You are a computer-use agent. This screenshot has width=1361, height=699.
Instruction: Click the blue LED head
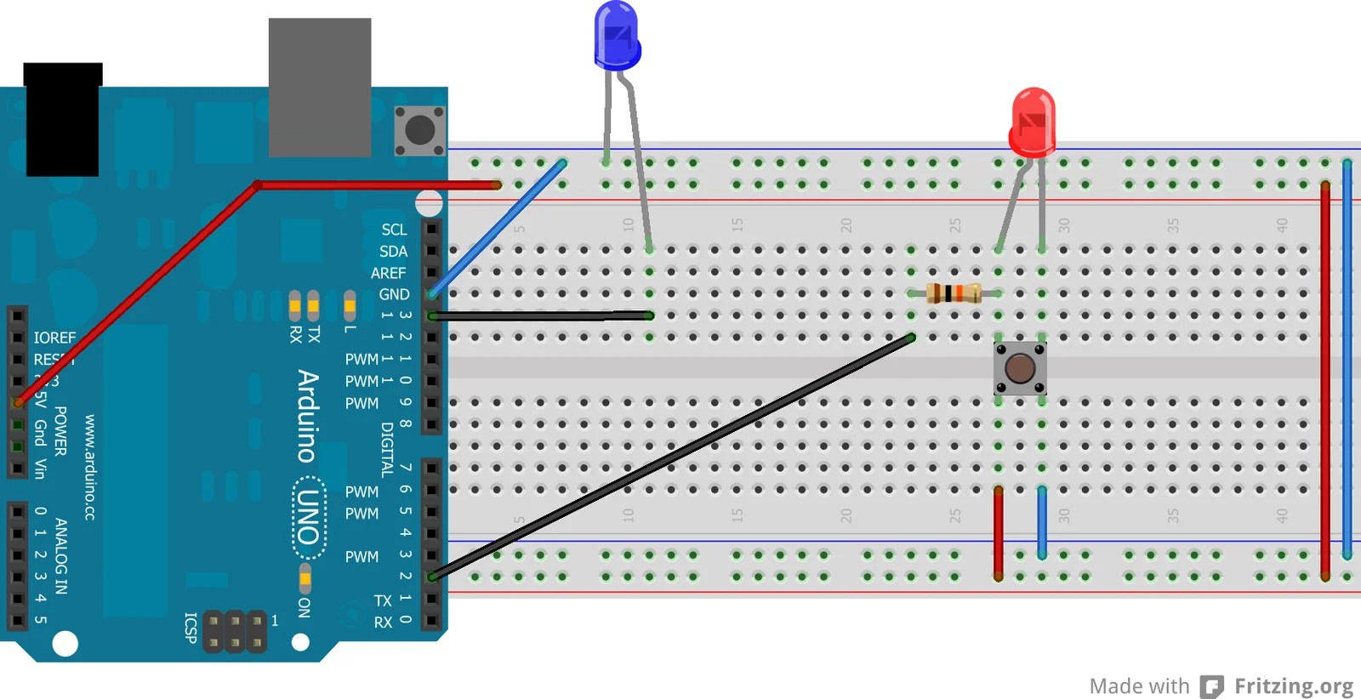pos(617,36)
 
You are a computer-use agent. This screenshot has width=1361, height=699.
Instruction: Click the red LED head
pos(1033,122)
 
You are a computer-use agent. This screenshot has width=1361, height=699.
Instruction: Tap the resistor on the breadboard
pos(953,293)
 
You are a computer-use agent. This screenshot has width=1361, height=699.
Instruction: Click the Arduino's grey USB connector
pos(320,88)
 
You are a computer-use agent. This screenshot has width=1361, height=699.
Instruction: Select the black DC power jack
pos(62,119)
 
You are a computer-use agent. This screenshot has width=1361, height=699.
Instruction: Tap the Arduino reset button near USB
pos(419,130)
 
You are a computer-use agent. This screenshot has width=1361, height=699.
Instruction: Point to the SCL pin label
pos(394,230)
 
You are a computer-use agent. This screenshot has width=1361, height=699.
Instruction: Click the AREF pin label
pos(388,273)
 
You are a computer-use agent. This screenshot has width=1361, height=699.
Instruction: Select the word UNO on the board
pos(307,517)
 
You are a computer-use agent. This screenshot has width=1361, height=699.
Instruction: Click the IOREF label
pos(54,338)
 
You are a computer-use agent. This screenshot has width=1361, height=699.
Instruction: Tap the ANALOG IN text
pos(61,555)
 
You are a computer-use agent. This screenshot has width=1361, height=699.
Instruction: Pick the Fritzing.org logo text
pos(1293,685)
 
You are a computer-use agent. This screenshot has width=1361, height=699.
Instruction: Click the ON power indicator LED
pos(305,579)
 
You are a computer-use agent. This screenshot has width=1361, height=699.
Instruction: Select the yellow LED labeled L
pos(350,304)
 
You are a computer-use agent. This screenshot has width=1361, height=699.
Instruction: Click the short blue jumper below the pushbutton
pos(1042,522)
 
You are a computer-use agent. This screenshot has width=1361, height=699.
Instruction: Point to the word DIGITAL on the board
pos(387,449)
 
